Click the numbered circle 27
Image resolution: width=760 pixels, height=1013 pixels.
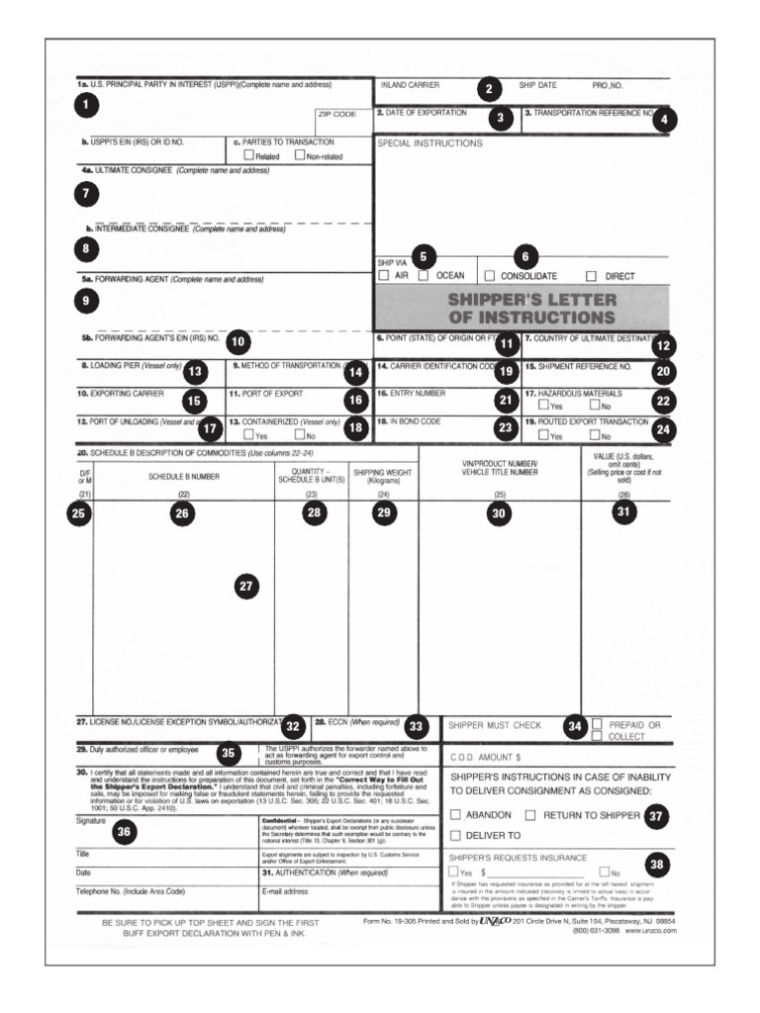[x=246, y=587]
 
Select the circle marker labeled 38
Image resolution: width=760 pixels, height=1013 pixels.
[x=657, y=865]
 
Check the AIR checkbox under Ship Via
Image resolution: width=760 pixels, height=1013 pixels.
[x=383, y=276]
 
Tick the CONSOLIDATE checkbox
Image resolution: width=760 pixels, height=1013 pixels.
[x=489, y=276]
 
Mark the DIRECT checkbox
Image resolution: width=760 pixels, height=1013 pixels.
[x=592, y=276]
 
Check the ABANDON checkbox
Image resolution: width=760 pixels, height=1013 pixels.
[x=455, y=815]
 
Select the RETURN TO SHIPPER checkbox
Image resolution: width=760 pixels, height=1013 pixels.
[x=530, y=815]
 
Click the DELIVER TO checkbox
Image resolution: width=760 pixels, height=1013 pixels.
[x=455, y=836]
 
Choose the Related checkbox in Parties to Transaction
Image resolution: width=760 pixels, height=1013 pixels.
[x=248, y=156]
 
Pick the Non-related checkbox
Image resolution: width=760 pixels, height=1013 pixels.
[x=300, y=156]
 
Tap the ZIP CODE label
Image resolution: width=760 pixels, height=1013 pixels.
[x=336, y=115]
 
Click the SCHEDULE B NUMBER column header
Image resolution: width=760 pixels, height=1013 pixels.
[x=182, y=475]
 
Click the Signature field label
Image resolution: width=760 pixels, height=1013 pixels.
[x=91, y=821]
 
